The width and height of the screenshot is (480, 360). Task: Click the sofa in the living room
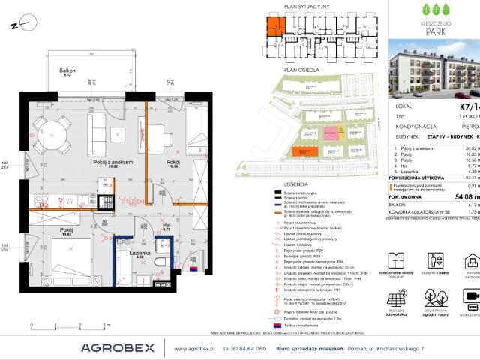97,130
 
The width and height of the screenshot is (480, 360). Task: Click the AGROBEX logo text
118,347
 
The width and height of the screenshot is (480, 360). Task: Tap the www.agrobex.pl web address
194,348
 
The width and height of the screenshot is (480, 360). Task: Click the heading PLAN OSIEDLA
296,69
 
